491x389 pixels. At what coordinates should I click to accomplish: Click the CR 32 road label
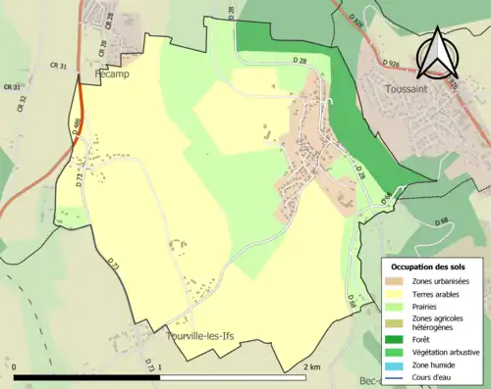[21, 103]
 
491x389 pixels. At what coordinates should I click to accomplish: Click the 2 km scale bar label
[311, 366]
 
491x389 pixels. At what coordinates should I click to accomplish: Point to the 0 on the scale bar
[15, 366]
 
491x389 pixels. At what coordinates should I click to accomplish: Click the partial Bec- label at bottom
[371, 381]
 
